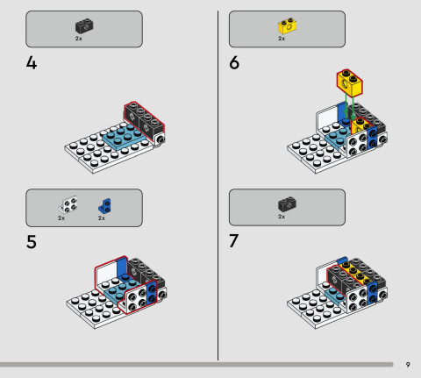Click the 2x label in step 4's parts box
click(x=79, y=39)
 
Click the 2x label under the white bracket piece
click(x=61, y=218)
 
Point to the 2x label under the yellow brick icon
click(x=282, y=39)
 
